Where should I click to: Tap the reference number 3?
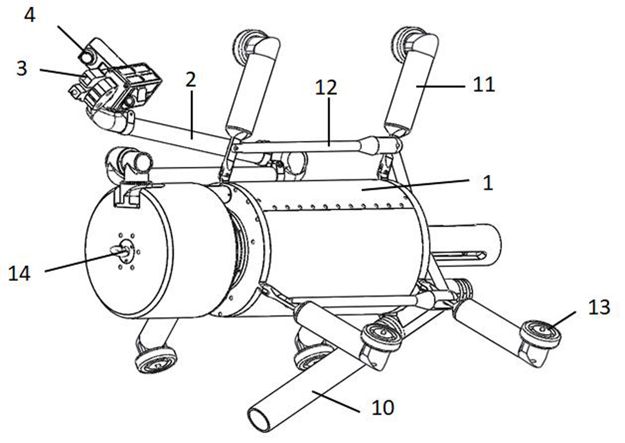point(22,69)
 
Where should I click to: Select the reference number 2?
point(191,80)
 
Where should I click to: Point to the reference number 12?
point(325,87)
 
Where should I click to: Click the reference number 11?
point(484,84)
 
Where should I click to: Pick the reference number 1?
point(488,183)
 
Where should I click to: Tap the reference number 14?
point(19,273)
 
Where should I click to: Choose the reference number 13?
point(599,308)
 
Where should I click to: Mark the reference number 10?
point(383,407)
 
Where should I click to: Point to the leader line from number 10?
point(335,401)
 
